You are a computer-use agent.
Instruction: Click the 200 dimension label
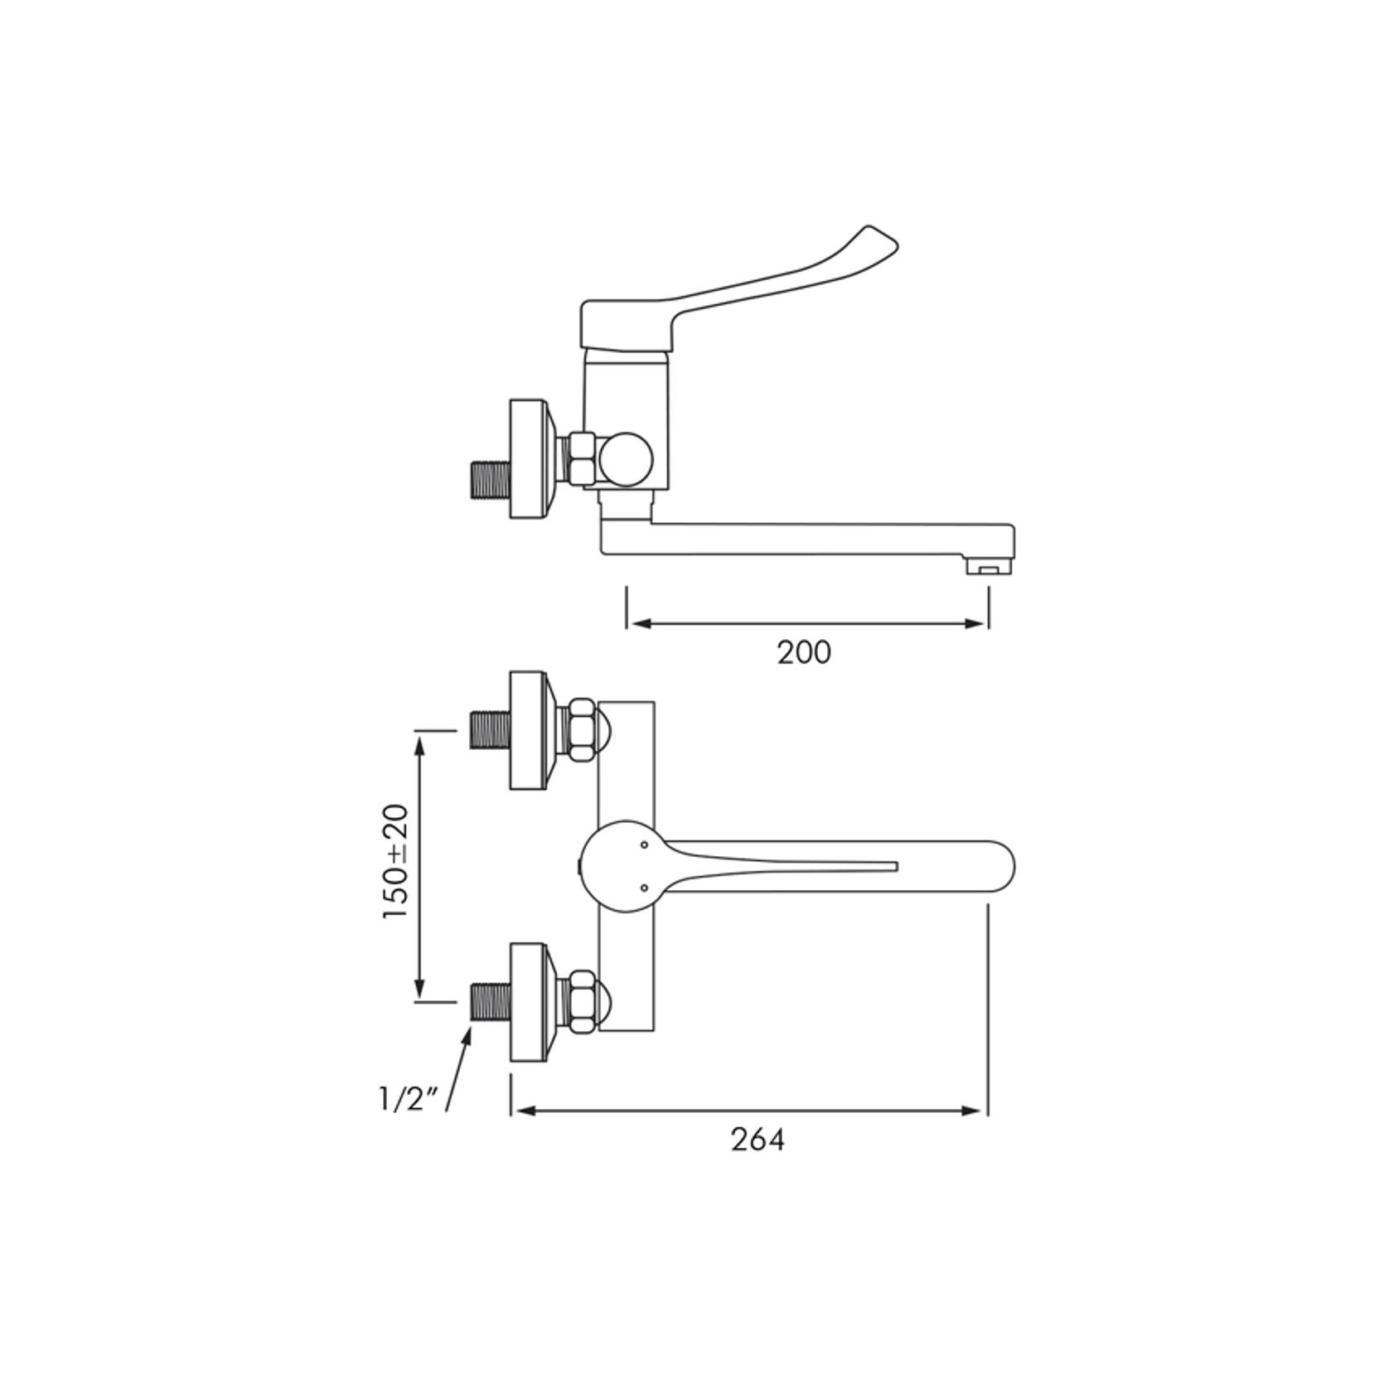803,652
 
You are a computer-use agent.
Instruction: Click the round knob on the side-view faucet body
627,460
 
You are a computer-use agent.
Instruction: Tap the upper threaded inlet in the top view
487,731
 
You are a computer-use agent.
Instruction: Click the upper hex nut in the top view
579,729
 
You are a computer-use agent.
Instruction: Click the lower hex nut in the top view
579,1001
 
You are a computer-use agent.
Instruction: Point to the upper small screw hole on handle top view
644,845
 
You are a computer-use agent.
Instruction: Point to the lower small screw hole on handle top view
644,888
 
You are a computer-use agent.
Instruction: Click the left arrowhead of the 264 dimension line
520,1111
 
